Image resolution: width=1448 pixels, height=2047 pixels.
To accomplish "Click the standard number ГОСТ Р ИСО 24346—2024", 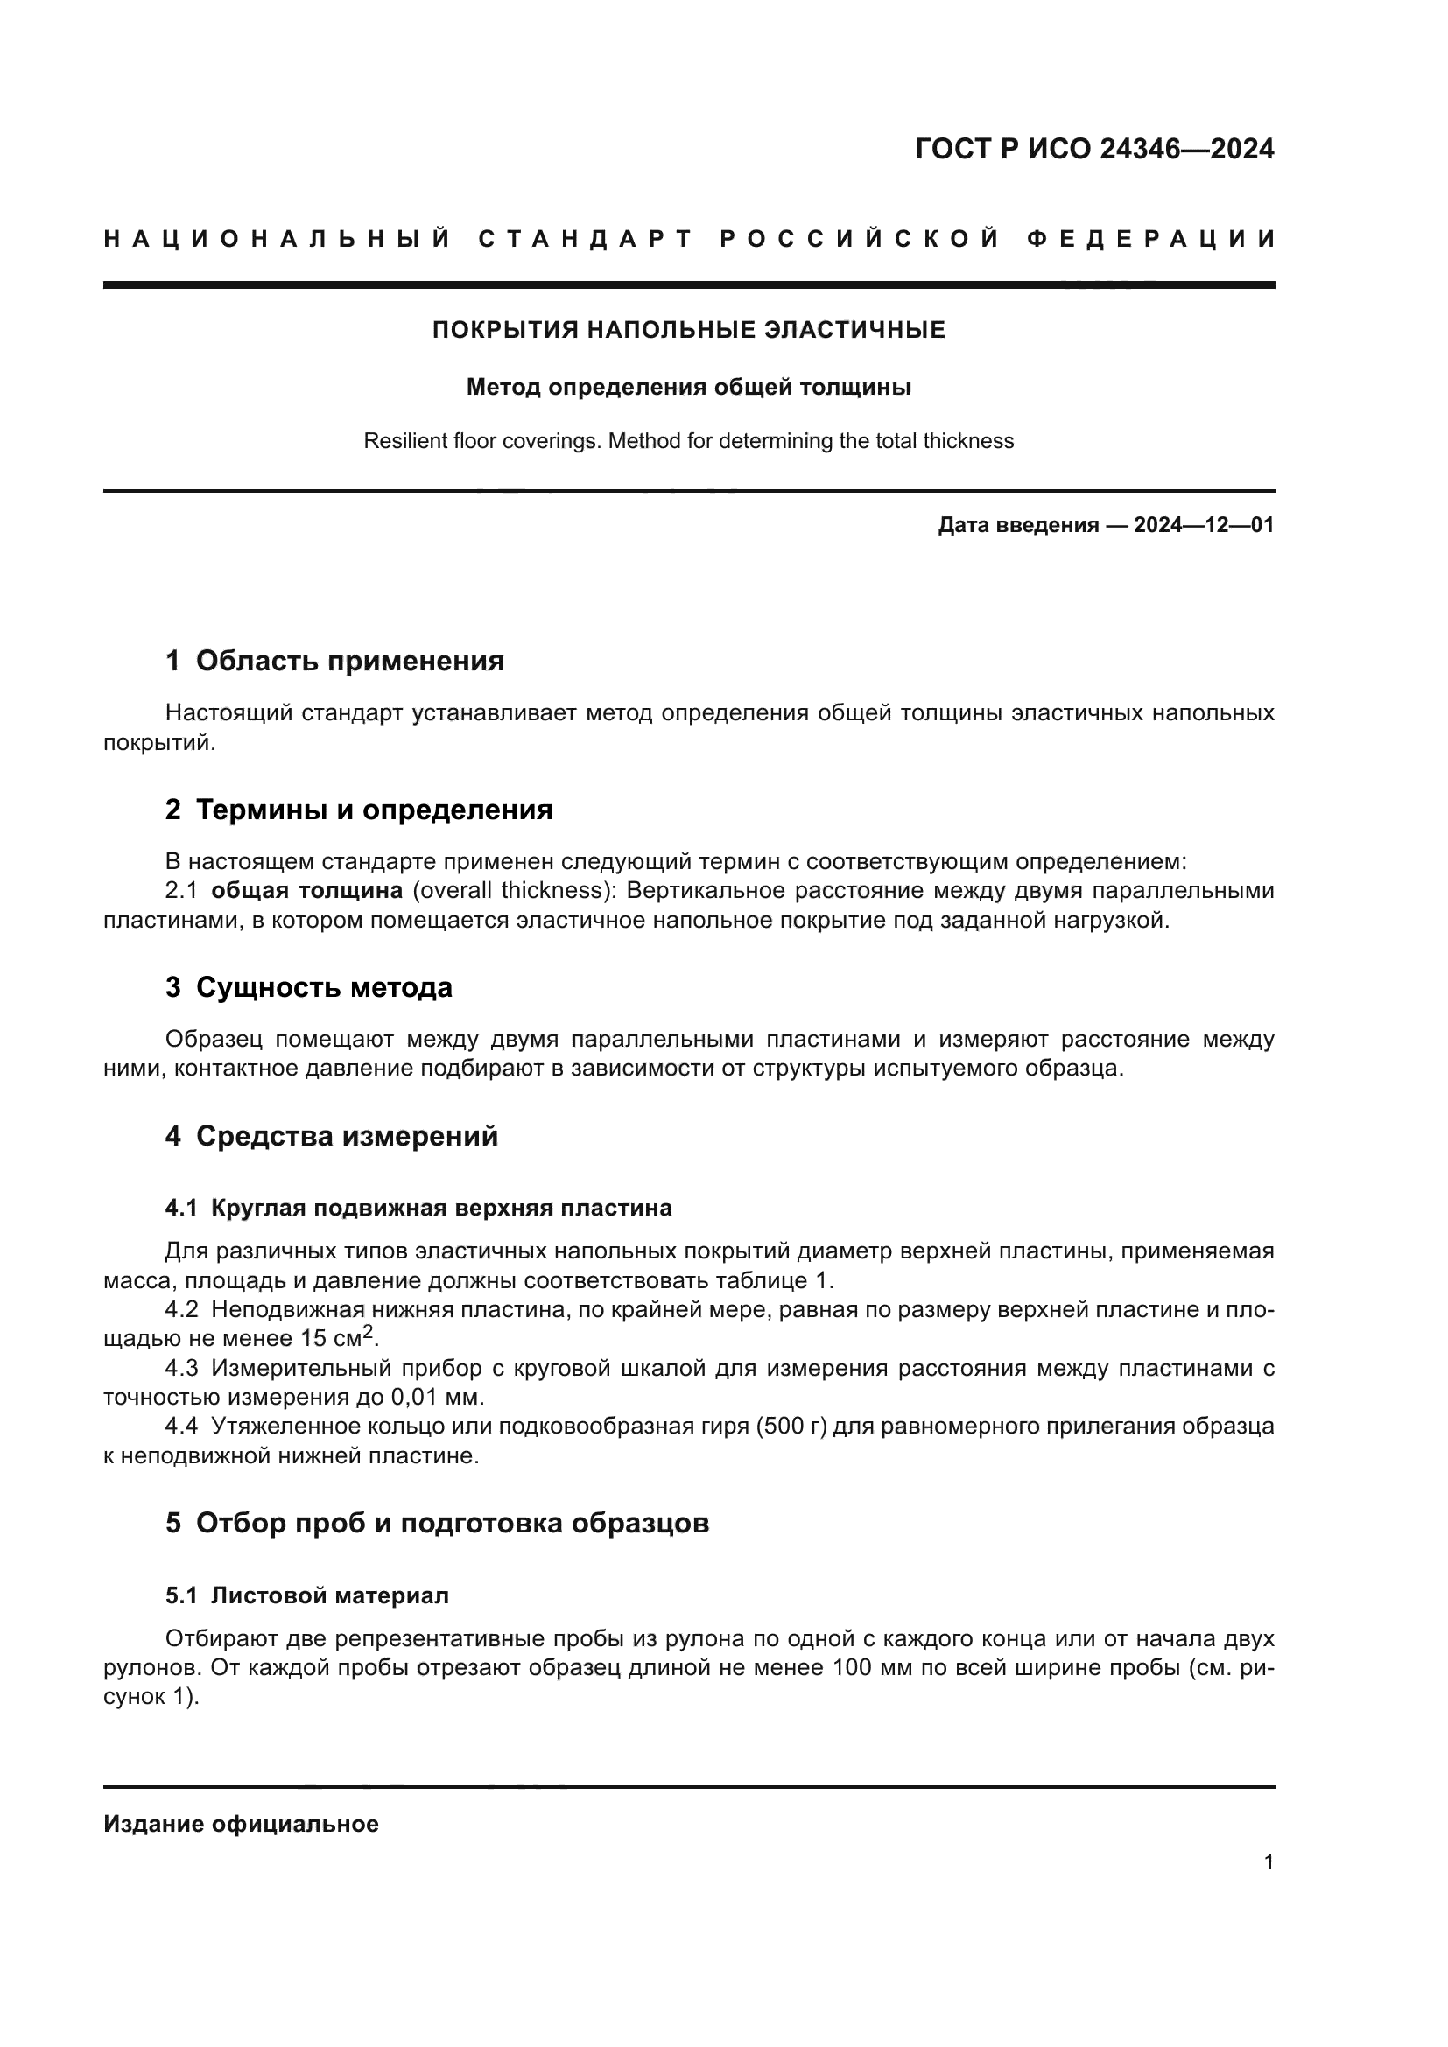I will [x=1094, y=149].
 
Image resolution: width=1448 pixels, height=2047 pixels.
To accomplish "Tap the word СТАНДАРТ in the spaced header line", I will [x=586, y=239].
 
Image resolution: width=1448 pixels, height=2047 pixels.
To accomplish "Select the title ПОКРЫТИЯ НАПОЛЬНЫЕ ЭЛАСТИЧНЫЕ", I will [x=688, y=330].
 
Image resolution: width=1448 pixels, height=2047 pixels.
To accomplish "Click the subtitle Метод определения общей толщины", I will [x=688, y=387].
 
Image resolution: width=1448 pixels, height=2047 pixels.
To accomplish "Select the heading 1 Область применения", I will [x=334, y=661].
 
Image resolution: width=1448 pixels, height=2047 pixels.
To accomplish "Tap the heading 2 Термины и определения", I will [x=358, y=810].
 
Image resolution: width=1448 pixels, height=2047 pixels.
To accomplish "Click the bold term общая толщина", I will [x=306, y=891].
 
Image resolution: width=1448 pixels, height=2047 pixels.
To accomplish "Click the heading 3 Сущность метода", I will [x=308, y=987].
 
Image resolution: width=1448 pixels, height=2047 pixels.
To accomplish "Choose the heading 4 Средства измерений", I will [x=331, y=1136].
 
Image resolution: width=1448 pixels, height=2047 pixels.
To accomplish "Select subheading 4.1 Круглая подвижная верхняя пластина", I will [x=418, y=1208].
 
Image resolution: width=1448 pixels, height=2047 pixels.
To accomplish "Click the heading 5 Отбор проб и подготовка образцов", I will [x=437, y=1523].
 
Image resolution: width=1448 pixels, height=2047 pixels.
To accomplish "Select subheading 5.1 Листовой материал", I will [x=306, y=1596].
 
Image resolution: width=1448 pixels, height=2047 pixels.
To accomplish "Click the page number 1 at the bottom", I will [x=1268, y=1862].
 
